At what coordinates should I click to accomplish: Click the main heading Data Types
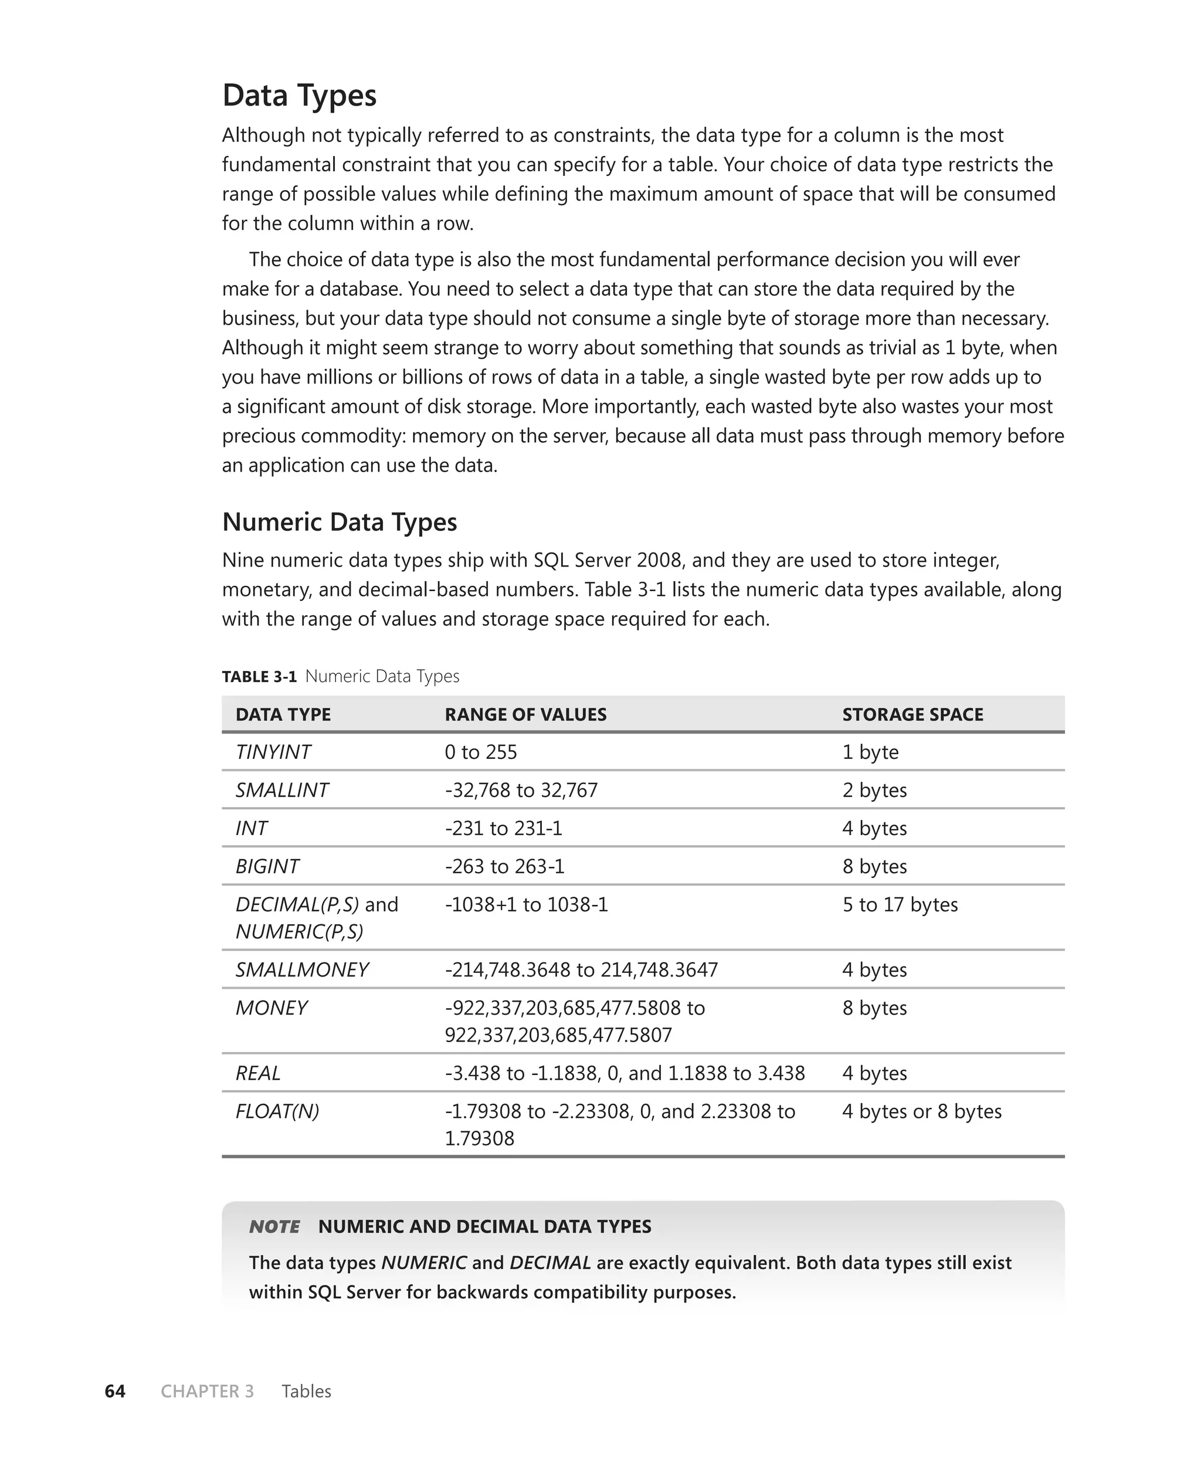[299, 96]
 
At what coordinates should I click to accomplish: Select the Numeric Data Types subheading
[339, 521]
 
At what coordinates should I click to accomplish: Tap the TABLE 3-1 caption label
[259, 676]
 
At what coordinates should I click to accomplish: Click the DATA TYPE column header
[283, 714]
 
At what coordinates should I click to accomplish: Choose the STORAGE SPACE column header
[912, 714]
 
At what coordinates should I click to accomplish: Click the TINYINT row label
[273, 752]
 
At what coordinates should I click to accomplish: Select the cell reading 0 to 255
[480, 752]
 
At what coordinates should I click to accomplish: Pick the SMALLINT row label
[281, 790]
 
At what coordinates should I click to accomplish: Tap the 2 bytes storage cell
[874, 790]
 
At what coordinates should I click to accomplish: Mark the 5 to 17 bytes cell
[900, 905]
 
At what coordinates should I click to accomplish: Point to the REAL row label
[257, 1073]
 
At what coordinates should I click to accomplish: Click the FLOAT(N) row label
[277, 1111]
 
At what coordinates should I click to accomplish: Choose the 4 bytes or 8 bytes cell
[921, 1111]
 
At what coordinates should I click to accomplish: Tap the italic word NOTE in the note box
[274, 1226]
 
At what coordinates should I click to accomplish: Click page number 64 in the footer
[115, 1391]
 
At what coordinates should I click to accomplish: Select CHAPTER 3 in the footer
[207, 1391]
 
